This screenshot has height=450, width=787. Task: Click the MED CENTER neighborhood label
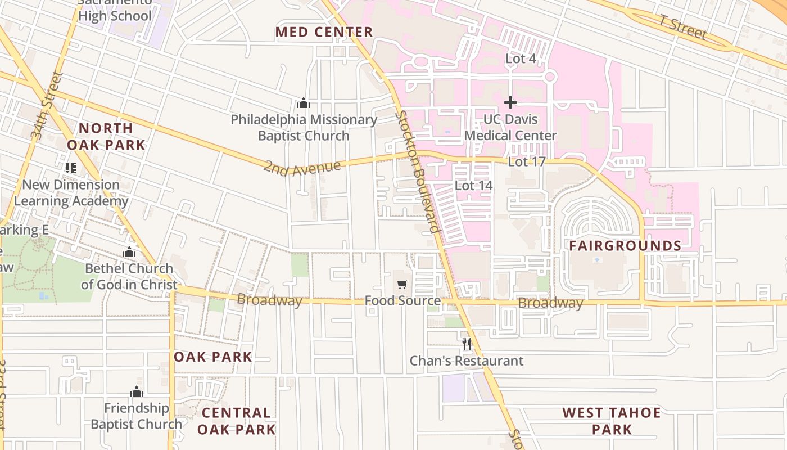coord(324,32)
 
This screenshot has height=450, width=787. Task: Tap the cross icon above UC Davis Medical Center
coord(510,102)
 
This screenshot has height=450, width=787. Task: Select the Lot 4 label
coord(521,58)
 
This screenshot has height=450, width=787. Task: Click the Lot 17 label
coord(527,162)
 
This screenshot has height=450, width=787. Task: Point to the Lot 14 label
coord(473,186)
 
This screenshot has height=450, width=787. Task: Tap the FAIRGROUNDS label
coord(625,246)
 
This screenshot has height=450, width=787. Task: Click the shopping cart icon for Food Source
coord(402,285)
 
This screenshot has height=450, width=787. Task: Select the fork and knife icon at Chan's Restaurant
coord(467,344)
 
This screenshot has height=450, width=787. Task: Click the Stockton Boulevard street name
coord(417,172)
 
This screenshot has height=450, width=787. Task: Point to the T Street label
coord(684,28)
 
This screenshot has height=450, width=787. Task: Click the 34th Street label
coord(46,106)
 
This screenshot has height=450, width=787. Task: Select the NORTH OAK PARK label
coord(106,136)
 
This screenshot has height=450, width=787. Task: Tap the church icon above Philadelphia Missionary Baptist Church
coord(304,103)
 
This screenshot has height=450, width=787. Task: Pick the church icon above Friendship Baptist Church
coord(137,391)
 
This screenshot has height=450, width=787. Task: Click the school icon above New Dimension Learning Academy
coord(70,168)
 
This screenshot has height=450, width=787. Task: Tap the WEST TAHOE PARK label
coord(612,421)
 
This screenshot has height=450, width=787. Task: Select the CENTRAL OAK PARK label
coord(236,421)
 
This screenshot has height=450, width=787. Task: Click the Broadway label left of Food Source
coord(269,300)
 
